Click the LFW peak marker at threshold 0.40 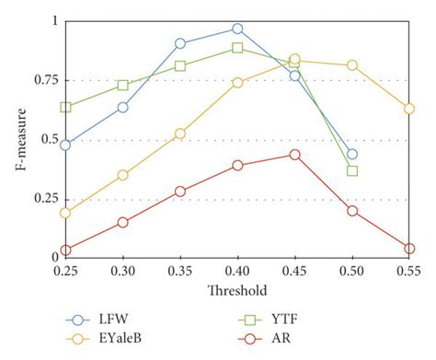(237, 29)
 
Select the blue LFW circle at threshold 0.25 (65, 145)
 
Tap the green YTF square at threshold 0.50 (352, 170)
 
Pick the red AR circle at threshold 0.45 (294, 155)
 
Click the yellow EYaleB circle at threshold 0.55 (409, 109)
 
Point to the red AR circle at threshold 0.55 (409, 249)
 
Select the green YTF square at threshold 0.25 (65, 107)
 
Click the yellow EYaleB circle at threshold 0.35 (180, 134)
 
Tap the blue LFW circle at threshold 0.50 (352, 155)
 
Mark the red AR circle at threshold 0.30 (122, 222)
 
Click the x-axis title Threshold (236, 290)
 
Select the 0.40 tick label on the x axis (237, 272)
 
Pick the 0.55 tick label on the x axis (409, 272)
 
